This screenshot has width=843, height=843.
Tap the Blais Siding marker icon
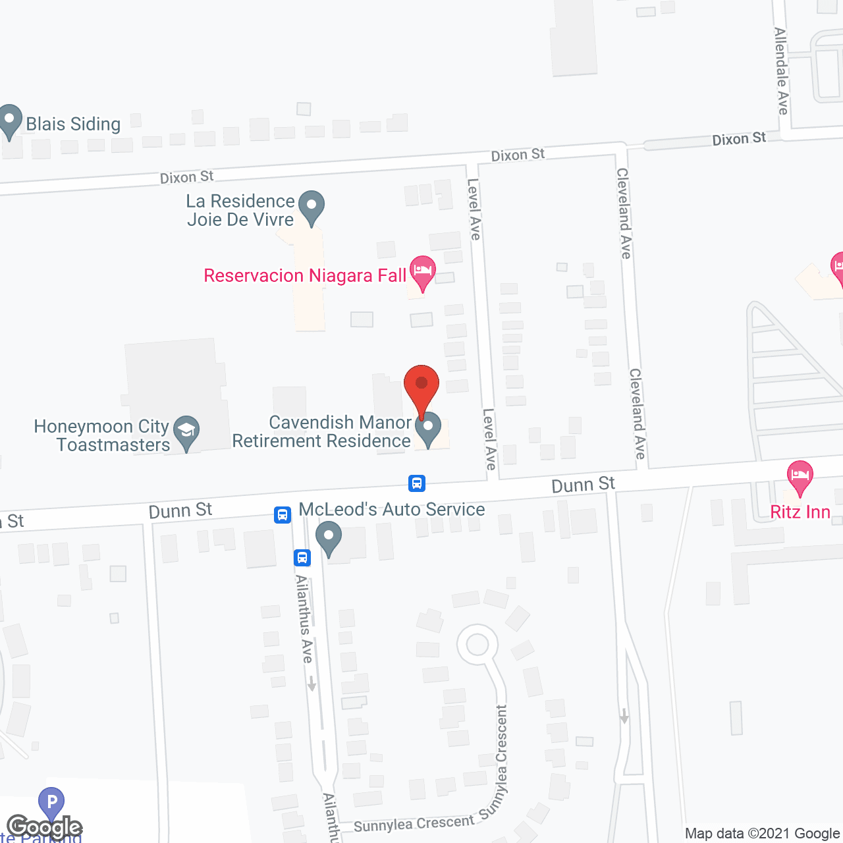(x=10, y=121)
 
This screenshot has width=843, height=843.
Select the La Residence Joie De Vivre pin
(x=312, y=207)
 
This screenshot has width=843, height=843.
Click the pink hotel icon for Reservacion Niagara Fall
(x=422, y=271)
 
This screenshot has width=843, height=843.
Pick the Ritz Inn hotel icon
(x=800, y=476)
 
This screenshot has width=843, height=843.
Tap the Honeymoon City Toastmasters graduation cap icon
(x=186, y=432)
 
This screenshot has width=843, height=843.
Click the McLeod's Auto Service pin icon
(x=329, y=537)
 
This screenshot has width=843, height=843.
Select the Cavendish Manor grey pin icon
(x=428, y=428)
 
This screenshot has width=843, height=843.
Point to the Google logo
(x=44, y=827)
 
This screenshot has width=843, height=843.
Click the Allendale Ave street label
(x=782, y=71)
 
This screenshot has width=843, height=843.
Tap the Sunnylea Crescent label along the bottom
(x=414, y=823)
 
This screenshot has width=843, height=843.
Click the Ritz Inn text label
(x=800, y=512)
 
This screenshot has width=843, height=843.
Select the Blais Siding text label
(x=73, y=124)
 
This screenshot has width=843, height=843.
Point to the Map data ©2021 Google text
(x=762, y=834)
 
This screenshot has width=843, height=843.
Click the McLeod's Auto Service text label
(x=392, y=509)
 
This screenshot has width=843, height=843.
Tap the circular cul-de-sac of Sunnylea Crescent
(x=477, y=645)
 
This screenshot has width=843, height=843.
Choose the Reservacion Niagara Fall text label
(x=305, y=275)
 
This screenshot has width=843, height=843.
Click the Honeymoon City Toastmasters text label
(x=102, y=435)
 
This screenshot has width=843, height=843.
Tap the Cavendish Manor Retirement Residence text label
(x=321, y=431)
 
